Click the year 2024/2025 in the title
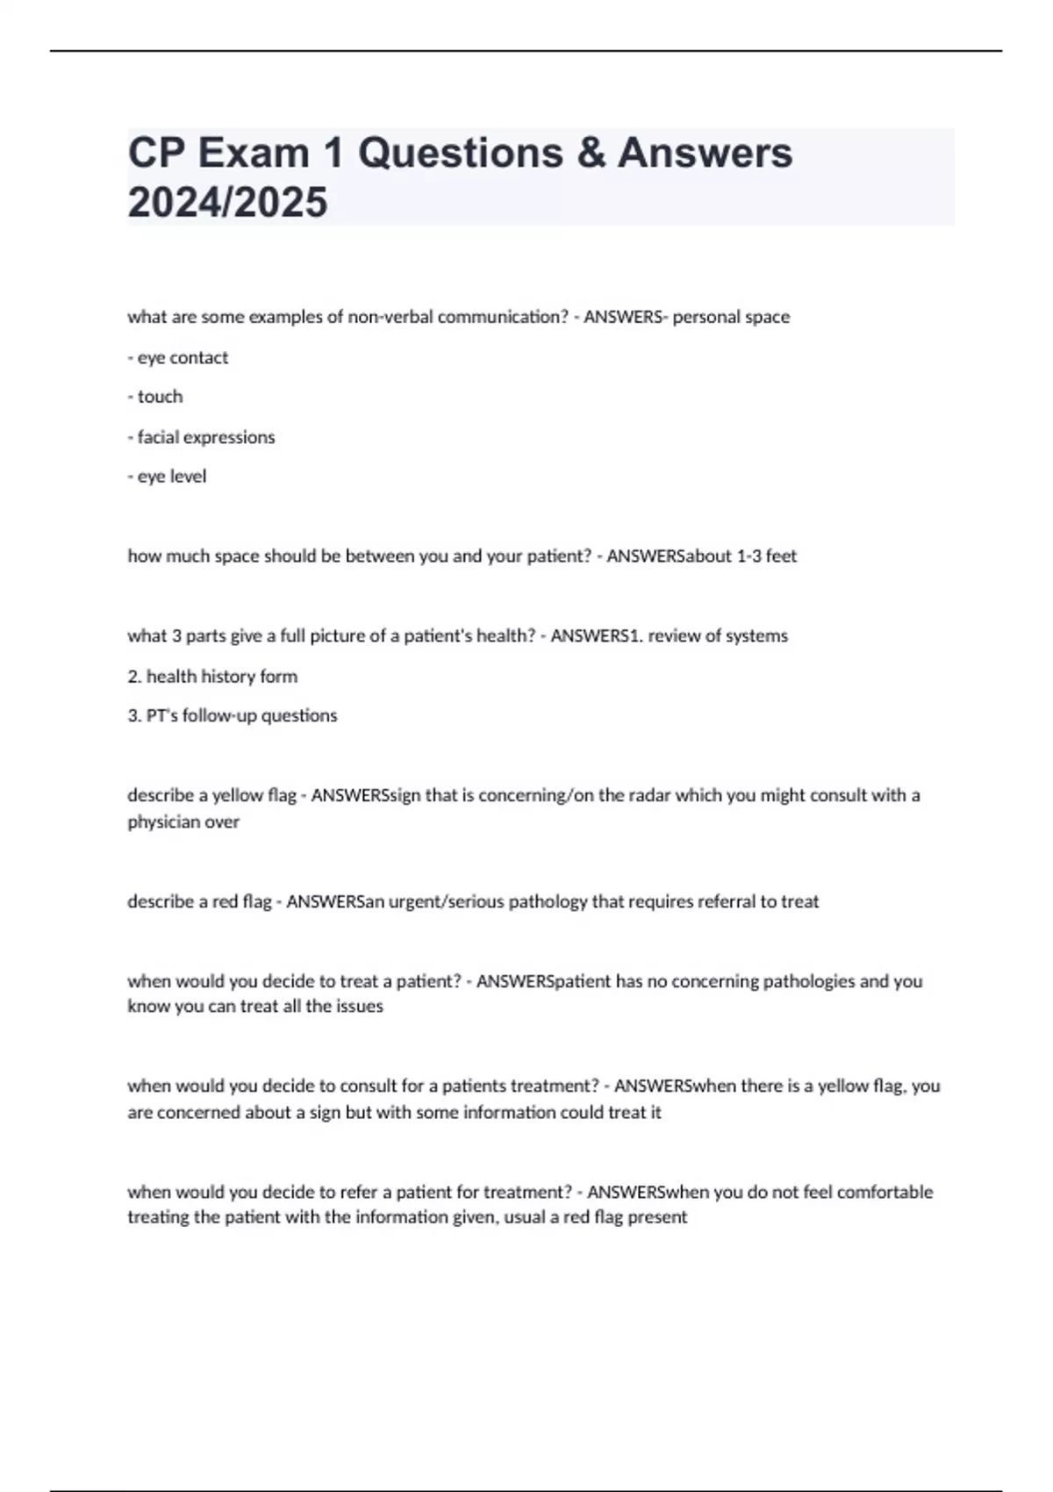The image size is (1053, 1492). [227, 202]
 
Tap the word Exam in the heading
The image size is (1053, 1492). [253, 153]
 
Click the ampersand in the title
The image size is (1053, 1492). [591, 153]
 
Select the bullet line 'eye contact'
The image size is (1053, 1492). [178, 357]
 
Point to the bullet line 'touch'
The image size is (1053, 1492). [155, 397]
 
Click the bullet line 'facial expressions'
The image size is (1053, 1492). [201, 437]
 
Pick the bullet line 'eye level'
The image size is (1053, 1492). [167, 477]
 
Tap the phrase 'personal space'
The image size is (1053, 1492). [731, 317]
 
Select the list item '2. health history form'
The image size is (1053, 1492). [212, 676]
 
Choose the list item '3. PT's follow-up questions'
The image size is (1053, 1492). [233, 715]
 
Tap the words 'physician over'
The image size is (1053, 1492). [183, 821]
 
